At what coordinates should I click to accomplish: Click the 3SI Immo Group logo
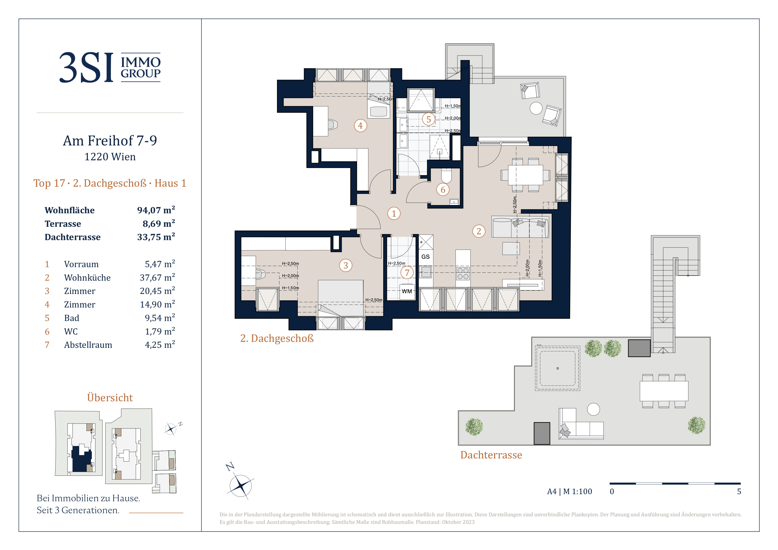[x=110, y=67]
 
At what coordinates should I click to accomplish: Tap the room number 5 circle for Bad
[x=429, y=119]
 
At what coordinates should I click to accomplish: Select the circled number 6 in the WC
[x=443, y=190]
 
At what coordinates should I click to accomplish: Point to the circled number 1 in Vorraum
[x=394, y=213]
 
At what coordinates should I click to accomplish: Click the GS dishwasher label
[x=426, y=257]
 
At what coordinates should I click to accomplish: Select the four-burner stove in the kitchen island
[x=463, y=274]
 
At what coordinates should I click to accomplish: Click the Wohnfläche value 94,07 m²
[x=156, y=210]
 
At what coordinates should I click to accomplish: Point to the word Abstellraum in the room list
[x=88, y=345]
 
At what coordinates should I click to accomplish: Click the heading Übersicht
[x=110, y=397]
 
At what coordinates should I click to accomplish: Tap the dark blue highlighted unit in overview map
[x=81, y=459]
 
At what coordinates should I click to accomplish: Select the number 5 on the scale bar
[x=739, y=491]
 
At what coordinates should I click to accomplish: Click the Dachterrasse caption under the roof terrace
[x=491, y=455]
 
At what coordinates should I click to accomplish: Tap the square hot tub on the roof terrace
[x=557, y=368]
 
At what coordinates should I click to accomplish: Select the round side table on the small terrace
[x=536, y=108]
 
